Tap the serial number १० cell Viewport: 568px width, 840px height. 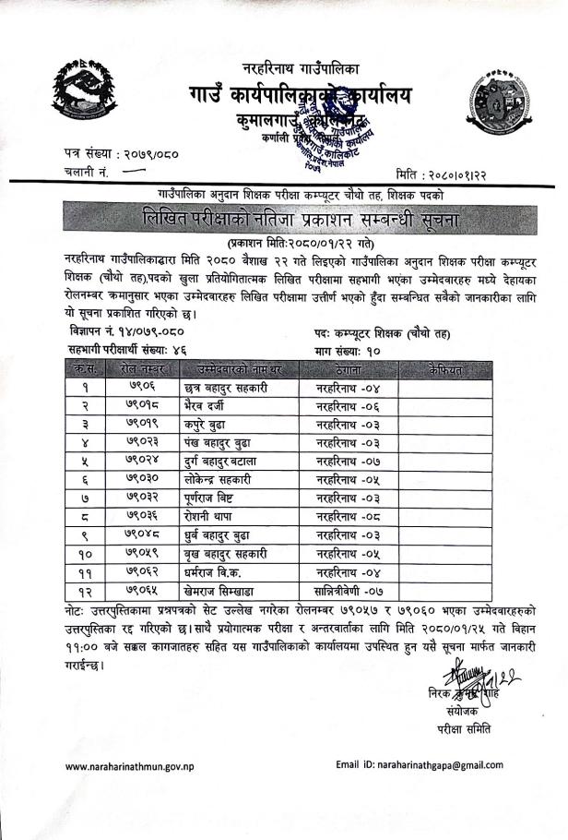click(85, 554)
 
